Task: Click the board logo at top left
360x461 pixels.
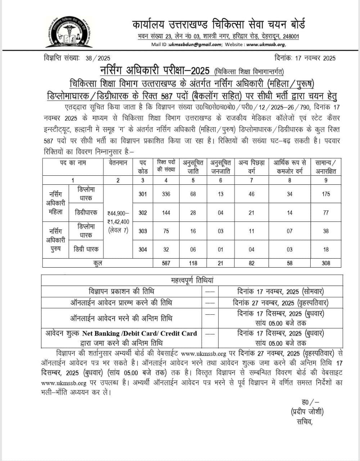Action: point(68,32)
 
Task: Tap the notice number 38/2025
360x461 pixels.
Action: point(98,58)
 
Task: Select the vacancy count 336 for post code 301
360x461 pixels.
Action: point(166,194)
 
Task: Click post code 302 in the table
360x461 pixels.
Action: point(143,212)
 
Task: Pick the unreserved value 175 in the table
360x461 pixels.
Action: point(326,194)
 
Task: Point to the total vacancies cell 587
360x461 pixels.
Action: point(166,263)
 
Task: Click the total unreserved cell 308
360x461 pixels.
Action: point(326,263)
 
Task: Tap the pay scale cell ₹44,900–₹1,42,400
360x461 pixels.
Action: point(118,222)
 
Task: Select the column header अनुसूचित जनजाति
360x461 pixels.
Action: point(220,167)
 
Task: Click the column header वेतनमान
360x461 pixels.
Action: point(118,163)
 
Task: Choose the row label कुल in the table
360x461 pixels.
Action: point(98,263)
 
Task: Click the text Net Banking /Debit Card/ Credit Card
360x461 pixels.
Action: point(139,334)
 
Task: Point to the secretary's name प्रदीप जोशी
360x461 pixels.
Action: point(307,412)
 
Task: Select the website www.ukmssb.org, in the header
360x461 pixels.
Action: point(266,44)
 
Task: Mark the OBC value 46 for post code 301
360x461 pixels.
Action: point(251,194)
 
